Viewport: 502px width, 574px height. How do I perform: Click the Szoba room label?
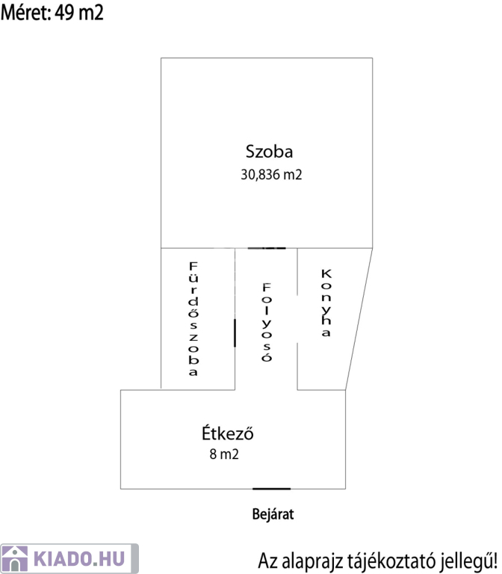click(269, 152)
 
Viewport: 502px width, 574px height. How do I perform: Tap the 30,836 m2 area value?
click(271, 175)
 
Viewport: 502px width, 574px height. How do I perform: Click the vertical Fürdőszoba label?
click(193, 318)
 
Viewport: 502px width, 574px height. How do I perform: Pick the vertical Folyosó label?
click(266, 321)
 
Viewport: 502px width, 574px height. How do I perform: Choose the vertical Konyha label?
click(325, 302)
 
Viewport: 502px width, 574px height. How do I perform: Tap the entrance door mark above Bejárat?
click(271, 489)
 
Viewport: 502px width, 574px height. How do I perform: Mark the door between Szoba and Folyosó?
click(267, 247)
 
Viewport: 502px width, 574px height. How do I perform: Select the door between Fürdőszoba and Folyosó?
click(235, 332)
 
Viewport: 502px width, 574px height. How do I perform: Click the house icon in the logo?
click(15, 558)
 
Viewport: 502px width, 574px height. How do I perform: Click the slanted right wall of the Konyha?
click(359, 318)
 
